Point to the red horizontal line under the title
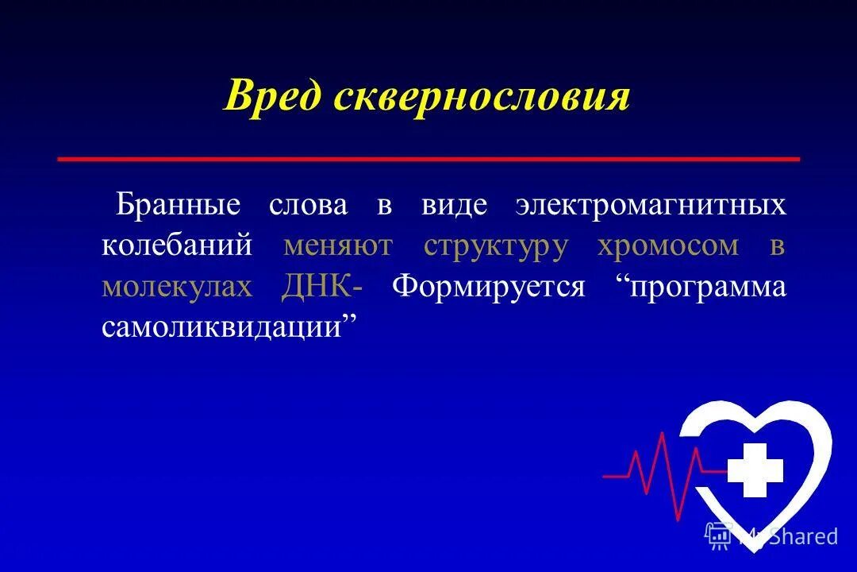pos(428,159)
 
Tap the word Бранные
pos(179,204)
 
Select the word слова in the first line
pos(308,204)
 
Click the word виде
pos(455,204)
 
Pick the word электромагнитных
pos(651,204)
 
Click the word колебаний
pos(177,245)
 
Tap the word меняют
pos(337,245)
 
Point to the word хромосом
pos(667,245)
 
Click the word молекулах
pos(177,286)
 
